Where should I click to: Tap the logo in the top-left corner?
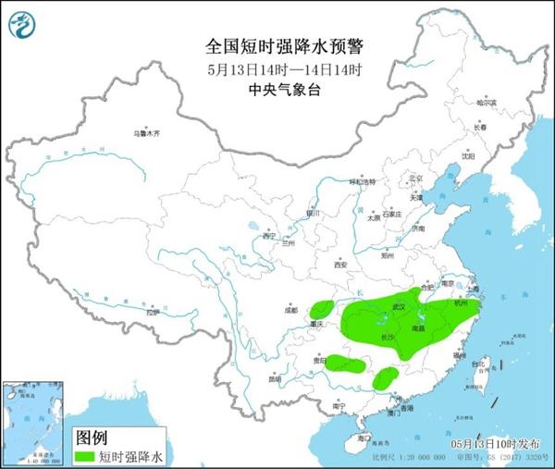[x=23, y=25]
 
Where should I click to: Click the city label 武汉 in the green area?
[x=400, y=304]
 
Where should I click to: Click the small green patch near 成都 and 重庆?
[x=323, y=308]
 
